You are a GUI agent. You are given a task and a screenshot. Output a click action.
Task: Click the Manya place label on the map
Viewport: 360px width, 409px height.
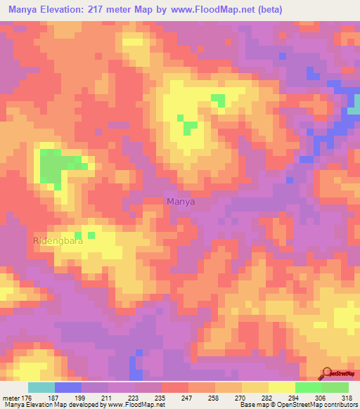pos(181,202)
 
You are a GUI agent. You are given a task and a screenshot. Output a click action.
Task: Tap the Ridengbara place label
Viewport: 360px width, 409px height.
pos(58,241)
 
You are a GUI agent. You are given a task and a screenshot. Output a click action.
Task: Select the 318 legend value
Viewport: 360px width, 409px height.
pos(347,397)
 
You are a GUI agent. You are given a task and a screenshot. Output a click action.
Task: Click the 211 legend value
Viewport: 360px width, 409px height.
pos(106,397)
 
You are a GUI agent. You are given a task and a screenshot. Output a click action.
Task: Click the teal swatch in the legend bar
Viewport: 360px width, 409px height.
pos(41,387)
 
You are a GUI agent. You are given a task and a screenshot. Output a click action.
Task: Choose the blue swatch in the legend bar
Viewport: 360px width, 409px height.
pos(68,387)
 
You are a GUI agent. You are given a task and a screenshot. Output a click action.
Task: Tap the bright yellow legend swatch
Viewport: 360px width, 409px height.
pos(282,387)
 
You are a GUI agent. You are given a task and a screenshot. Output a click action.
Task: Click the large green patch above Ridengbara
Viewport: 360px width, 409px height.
pos(55,167)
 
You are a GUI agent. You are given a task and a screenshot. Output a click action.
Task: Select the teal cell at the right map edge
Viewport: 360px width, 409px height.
pos(355,105)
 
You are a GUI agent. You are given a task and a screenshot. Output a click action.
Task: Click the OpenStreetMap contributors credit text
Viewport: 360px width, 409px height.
pos(324,405)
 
